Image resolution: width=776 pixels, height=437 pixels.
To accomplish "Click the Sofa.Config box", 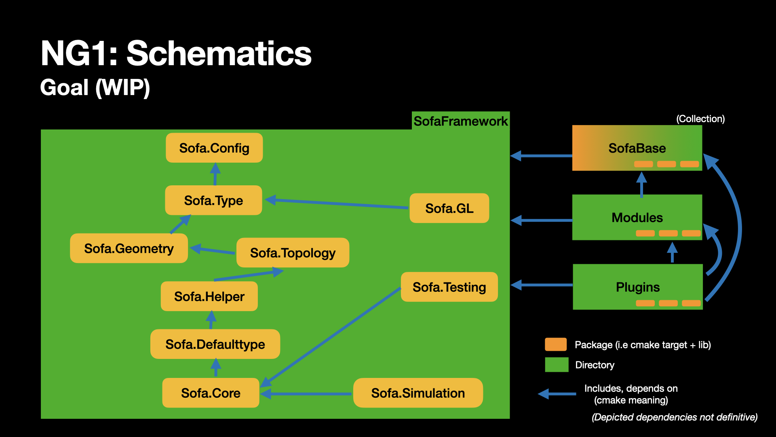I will [214, 148].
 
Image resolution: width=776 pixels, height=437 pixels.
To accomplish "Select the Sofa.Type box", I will [213, 200].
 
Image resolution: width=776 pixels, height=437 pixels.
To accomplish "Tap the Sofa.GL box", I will [449, 208].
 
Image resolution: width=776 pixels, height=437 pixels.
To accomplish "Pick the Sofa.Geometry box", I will [129, 248].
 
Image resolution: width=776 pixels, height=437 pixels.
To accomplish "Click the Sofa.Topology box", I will [293, 253].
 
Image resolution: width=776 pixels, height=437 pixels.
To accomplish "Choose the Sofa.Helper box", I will [209, 297].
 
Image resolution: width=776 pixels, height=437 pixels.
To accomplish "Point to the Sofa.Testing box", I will [449, 287].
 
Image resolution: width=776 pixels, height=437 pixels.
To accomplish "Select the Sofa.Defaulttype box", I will [215, 344].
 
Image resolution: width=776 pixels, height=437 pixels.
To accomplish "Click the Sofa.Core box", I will [211, 393].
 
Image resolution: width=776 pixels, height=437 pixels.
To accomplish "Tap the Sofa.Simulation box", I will [418, 393].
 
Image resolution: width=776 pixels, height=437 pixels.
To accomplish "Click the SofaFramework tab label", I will [460, 121].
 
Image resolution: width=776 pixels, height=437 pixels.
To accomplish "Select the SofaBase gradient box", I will [637, 148].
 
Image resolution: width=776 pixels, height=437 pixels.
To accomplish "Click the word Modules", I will [637, 218].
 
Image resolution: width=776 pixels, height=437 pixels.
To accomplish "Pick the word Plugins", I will [637, 287].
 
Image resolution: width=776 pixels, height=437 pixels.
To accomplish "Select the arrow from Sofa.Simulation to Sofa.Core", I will [307, 394].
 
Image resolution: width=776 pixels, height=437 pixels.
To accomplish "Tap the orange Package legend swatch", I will [556, 344].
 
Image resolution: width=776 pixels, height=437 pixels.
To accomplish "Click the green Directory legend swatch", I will [557, 365].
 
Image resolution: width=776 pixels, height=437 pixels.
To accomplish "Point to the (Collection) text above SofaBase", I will [700, 119].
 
